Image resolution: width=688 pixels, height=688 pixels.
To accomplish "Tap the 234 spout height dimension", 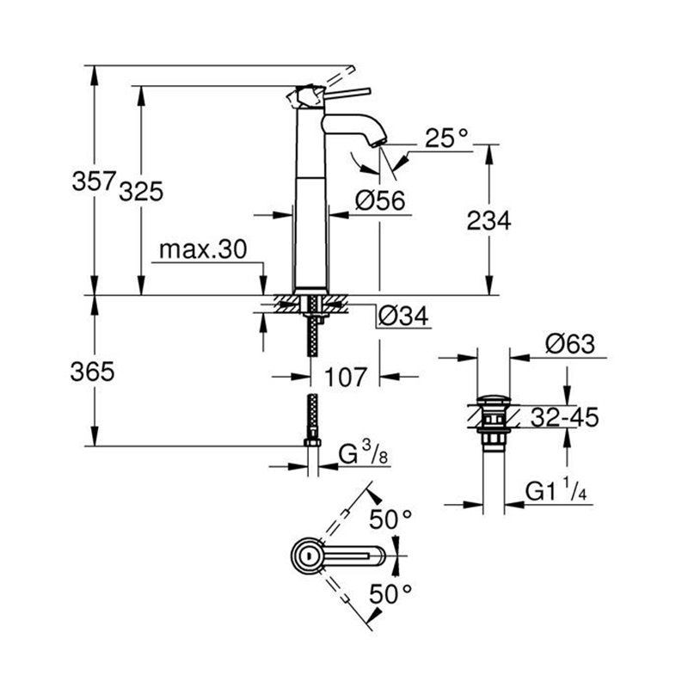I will [489, 220].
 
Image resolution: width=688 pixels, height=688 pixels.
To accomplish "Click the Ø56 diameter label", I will [379, 200].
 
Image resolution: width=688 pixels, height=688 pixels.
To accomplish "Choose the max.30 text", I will [203, 249].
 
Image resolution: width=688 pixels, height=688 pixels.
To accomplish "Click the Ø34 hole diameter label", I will [402, 316].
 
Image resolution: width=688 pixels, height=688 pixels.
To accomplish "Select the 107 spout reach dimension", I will [347, 377].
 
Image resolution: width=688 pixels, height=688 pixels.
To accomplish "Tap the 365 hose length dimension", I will [92, 372].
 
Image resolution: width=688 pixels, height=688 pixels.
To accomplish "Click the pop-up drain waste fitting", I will [494, 421].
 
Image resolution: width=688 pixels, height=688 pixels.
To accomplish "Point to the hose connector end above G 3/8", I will [313, 441].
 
